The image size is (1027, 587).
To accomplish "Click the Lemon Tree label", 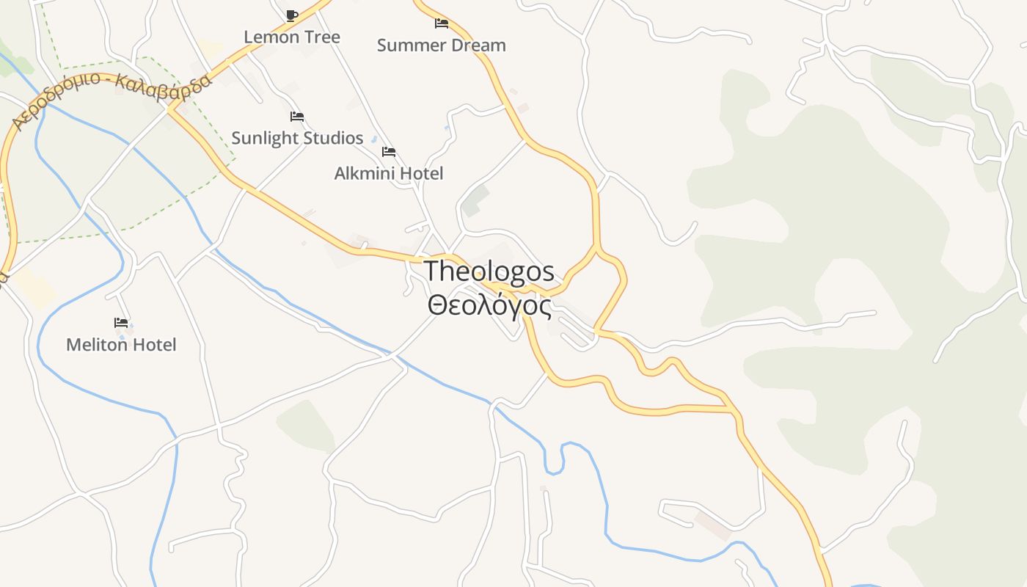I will click(x=292, y=37).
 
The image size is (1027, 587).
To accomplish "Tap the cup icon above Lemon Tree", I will click(x=292, y=15).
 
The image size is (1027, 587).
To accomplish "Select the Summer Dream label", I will click(x=441, y=45).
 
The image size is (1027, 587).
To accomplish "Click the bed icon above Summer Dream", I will click(x=442, y=23).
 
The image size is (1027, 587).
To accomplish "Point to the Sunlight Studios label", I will click(x=297, y=138).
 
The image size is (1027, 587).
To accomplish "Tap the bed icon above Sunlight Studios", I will click(x=297, y=117).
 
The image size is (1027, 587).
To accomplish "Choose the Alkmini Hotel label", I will click(x=389, y=173).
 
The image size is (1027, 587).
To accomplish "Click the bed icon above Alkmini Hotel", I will click(x=389, y=152).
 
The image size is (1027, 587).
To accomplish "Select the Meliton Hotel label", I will click(x=121, y=344).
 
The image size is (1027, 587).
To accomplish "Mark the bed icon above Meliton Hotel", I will click(x=121, y=323).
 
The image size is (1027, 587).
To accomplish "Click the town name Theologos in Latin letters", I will click(x=489, y=271).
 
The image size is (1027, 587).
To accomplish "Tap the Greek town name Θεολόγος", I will click(x=489, y=305).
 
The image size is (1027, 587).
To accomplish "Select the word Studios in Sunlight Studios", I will click(x=334, y=138).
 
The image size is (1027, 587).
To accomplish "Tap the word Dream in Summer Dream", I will click(x=478, y=45).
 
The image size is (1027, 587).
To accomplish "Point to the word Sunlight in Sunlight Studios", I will click(x=265, y=138).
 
